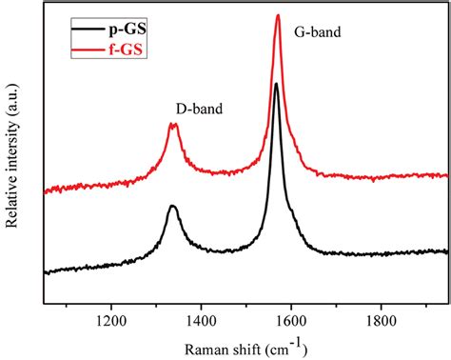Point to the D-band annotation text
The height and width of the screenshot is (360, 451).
(199, 110)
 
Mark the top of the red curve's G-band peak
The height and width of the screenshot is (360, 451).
(278, 15)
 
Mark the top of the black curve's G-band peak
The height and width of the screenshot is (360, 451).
(276, 84)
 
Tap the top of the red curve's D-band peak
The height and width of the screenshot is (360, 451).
(173, 125)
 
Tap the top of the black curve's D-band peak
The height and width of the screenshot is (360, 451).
(172, 206)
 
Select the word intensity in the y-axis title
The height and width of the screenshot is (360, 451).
(14, 157)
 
